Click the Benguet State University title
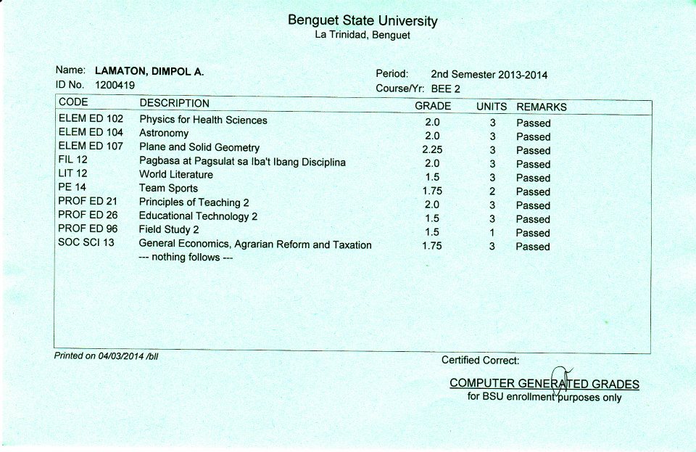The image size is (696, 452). [362, 20]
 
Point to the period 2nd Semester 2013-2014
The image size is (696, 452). [489, 74]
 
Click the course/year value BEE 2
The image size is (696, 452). [445, 89]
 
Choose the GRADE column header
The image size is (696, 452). [432, 106]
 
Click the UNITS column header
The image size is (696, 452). [492, 107]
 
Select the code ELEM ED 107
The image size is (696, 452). [91, 146]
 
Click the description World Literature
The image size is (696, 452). [176, 174]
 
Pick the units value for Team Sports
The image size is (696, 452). [492, 192]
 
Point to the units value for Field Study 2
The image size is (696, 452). [492, 233]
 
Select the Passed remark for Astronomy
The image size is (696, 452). [533, 136]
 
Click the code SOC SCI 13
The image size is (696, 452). [86, 242]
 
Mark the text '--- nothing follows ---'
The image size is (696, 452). [186, 258]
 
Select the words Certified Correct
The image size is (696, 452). [480, 360]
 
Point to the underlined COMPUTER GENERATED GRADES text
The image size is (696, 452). [544, 383]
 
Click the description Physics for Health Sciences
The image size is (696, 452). [203, 120]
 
